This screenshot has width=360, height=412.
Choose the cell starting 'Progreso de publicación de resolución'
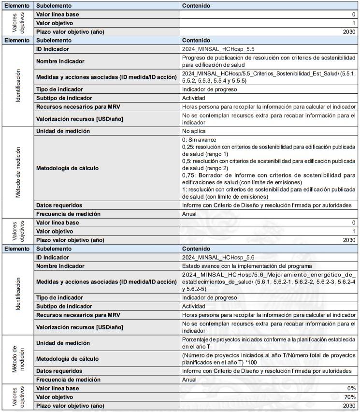268,61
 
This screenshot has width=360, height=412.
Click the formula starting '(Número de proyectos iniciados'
268,359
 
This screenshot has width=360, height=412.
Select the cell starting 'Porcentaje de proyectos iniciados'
268,343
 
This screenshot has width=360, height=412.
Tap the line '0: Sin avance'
199,140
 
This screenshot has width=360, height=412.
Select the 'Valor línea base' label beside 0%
58,388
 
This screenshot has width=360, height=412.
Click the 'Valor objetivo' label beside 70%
56,397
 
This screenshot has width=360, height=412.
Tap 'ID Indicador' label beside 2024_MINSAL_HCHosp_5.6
53,258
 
